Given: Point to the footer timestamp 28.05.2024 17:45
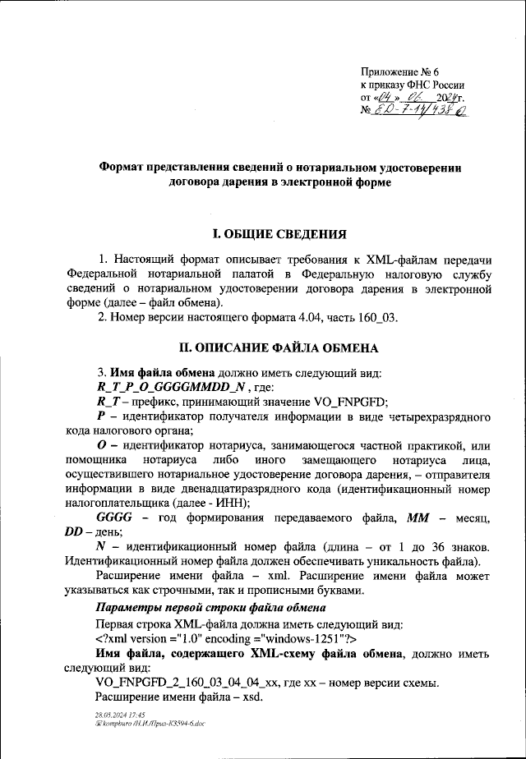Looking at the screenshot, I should [121, 715].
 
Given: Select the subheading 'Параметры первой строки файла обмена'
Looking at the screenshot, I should [210, 608].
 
